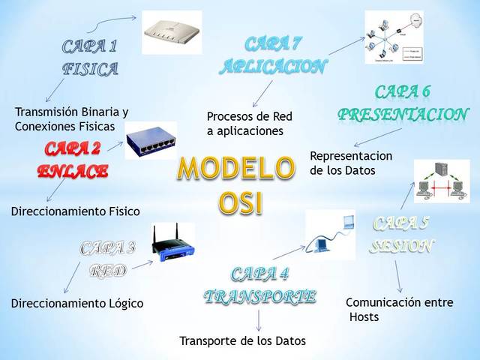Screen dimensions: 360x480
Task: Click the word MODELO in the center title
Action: (235, 169)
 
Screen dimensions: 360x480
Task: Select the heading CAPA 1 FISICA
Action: (90, 58)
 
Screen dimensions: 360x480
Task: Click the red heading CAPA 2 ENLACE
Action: (73, 159)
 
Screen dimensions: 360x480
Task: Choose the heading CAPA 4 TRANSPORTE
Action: (259, 284)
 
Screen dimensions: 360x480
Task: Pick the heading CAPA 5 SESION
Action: (403, 235)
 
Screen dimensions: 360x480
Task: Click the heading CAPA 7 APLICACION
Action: (273, 55)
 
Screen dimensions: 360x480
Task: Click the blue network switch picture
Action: (151, 140)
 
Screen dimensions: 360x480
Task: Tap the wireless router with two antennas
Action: (174, 245)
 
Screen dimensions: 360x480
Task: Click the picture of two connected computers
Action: (442, 181)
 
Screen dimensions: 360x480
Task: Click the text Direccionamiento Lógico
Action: (76, 304)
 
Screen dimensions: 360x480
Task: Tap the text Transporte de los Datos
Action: (242, 341)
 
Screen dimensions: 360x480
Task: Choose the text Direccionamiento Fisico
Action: (75, 211)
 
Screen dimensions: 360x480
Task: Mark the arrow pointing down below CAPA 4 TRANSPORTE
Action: (259, 320)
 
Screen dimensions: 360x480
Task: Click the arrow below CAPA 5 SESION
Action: (399, 277)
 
